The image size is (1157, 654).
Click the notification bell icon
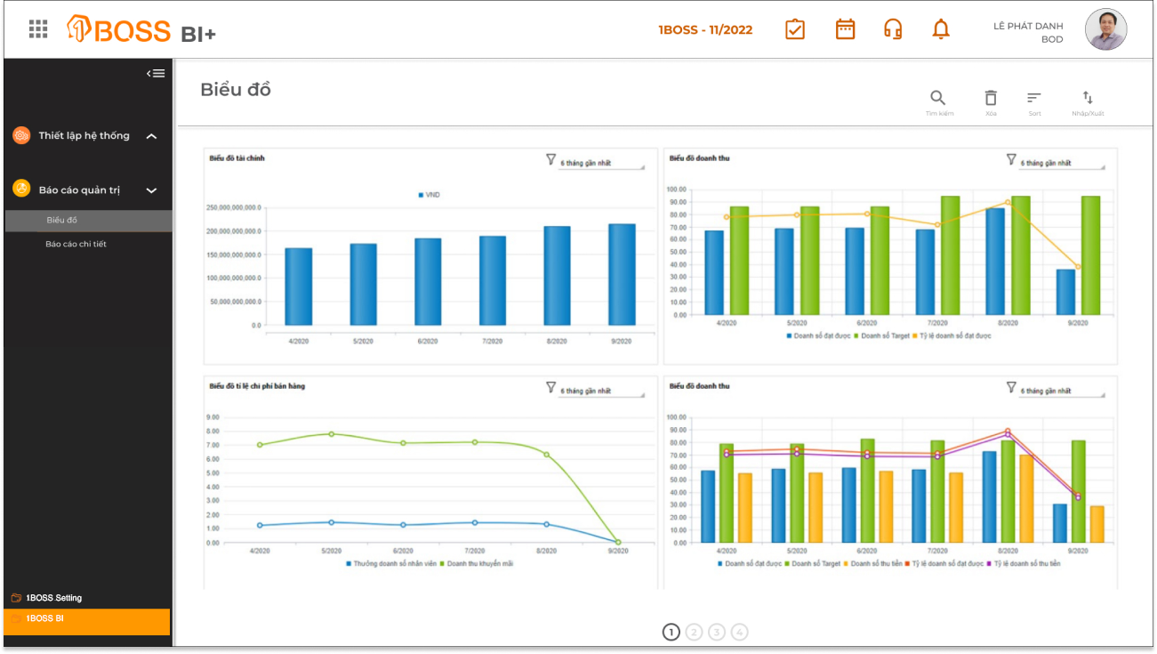(x=941, y=29)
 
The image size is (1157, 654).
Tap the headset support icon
(x=893, y=29)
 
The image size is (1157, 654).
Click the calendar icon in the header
(x=845, y=29)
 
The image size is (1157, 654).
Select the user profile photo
(x=1105, y=30)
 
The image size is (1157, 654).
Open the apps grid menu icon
(x=38, y=29)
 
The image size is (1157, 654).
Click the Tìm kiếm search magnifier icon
(x=938, y=98)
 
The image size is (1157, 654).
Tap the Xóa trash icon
(x=991, y=98)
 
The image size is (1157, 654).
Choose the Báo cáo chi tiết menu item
(x=76, y=244)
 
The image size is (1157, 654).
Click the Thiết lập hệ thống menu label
(x=84, y=136)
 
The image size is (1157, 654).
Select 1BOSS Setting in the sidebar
(x=53, y=598)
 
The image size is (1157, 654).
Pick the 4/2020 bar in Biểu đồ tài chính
(x=298, y=287)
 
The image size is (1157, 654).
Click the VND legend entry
(x=430, y=195)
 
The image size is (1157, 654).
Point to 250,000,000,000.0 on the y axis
(x=234, y=207)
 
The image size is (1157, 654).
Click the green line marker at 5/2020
(x=332, y=434)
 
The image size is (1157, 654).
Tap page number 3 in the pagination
(x=717, y=632)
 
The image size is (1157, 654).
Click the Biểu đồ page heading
(x=236, y=90)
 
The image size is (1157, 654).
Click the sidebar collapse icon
(x=156, y=73)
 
